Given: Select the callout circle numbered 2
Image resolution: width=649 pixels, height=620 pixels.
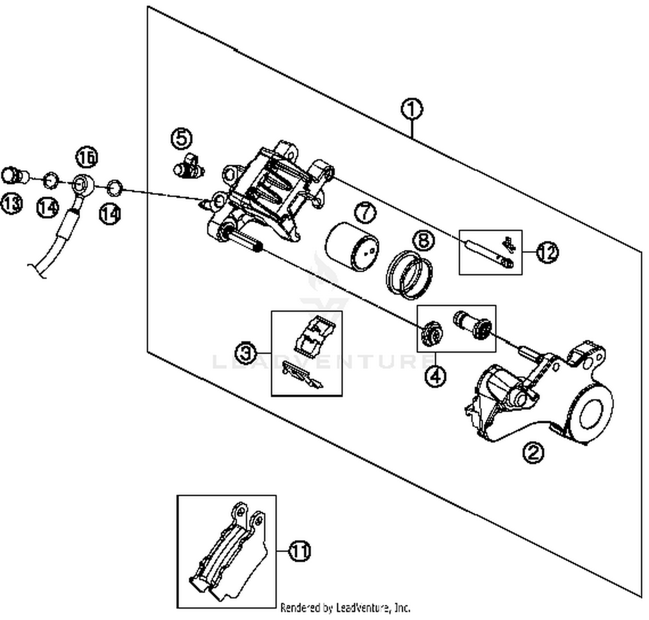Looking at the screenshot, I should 533,452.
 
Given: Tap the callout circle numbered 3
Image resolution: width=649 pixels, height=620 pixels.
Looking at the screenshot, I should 246,353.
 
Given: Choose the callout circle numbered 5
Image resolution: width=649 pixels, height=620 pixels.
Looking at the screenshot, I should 182,138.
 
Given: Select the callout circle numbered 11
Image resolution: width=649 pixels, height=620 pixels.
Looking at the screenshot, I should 300,551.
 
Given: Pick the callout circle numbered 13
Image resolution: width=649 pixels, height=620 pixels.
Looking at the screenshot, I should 11,203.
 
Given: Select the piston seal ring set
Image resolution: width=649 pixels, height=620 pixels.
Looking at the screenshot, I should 409,275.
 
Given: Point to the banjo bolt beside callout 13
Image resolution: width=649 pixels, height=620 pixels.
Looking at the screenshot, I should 13,176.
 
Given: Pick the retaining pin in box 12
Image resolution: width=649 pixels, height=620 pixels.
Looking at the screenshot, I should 487,253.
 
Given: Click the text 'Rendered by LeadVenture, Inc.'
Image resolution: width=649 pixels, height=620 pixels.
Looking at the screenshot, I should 345,608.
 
